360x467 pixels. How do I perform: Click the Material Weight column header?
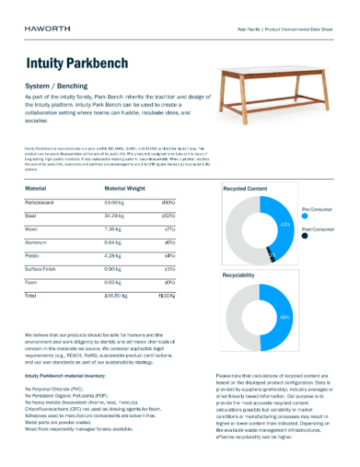124,188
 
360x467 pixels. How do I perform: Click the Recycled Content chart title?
246,189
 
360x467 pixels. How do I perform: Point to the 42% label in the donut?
285,225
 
